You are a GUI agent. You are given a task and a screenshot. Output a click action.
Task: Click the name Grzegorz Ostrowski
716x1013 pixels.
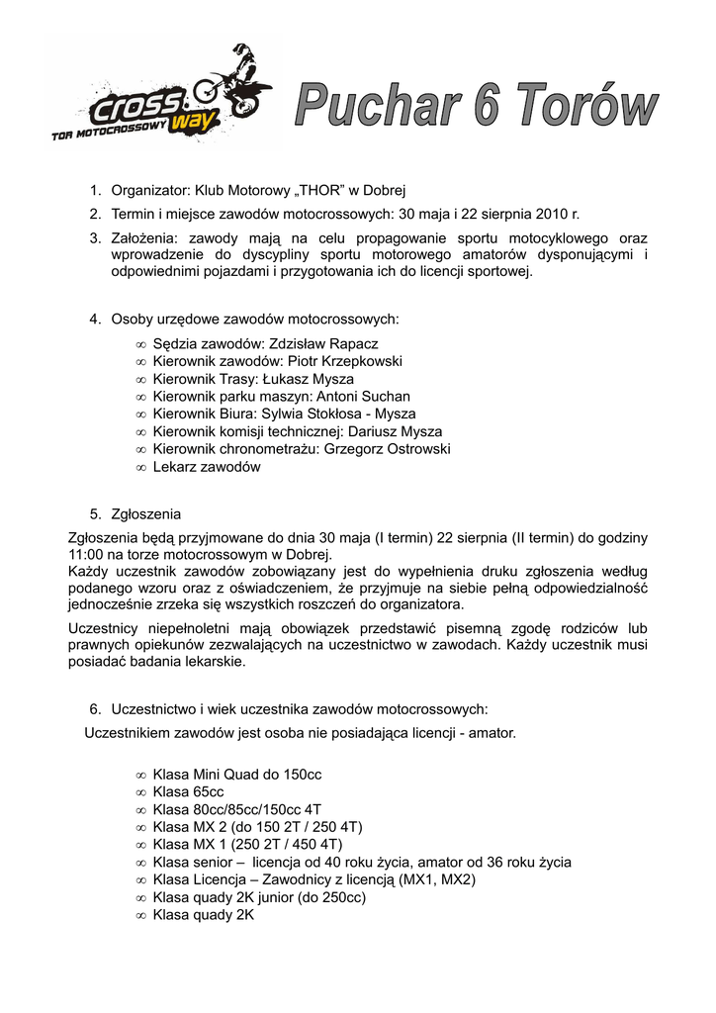coord(388,449)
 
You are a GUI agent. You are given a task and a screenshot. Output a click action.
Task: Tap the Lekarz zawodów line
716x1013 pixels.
coord(207,467)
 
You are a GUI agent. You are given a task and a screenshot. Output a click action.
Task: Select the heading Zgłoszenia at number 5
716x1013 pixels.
coord(146,514)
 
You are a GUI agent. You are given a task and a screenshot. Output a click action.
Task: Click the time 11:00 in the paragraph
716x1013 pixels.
coord(87,556)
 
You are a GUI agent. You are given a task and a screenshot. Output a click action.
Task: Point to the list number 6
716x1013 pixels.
coord(95,709)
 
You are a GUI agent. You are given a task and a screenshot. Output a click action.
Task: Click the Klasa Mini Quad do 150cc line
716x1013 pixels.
coord(237,774)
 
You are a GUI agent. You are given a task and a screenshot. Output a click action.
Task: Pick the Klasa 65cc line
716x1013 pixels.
coord(188,791)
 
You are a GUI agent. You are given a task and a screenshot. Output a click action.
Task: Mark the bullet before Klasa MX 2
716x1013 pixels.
coord(141,827)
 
